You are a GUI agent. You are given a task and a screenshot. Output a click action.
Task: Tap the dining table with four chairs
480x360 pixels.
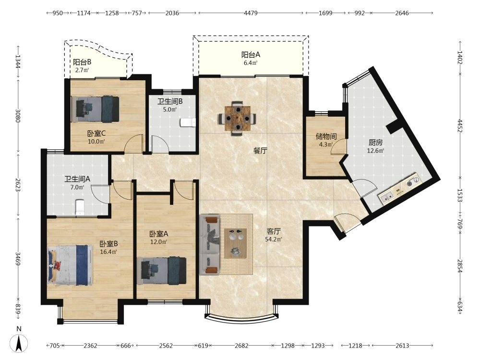pyautogui.click(x=237, y=119)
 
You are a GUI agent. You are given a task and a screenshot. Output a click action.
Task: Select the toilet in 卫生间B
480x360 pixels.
pyautogui.click(x=188, y=122)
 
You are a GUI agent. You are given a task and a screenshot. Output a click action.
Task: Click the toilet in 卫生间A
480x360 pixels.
pyautogui.click(x=80, y=207)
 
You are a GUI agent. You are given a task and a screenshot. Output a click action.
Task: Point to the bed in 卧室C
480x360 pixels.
pyautogui.click(x=95, y=109)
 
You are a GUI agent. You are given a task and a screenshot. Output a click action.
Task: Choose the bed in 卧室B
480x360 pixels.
pyautogui.click(x=70, y=265)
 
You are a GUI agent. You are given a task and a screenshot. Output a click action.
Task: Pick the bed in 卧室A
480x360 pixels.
pyautogui.click(x=164, y=271)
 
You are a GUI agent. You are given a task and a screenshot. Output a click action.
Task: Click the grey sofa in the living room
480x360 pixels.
pyautogui.click(x=209, y=244)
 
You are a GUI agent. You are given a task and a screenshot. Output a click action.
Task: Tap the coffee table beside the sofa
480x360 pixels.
pyautogui.click(x=236, y=243)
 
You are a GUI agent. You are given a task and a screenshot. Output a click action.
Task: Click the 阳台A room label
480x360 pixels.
pyautogui.click(x=251, y=55)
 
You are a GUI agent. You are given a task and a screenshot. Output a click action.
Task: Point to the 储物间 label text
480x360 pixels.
pyautogui.click(x=326, y=136)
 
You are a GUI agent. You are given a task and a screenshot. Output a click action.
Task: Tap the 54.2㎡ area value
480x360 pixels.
pyautogui.click(x=274, y=239)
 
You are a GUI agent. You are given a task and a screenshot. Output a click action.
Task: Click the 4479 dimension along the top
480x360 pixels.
pyautogui.click(x=251, y=13)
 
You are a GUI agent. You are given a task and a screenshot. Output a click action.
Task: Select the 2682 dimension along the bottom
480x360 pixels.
pyautogui.click(x=241, y=346)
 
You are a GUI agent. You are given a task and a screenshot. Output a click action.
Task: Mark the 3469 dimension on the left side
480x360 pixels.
pyautogui.click(x=18, y=259)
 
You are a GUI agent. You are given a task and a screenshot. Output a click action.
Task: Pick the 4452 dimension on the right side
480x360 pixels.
pyautogui.click(x=459, y=125)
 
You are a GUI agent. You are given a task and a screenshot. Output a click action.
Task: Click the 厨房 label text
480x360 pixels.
pyautogui.click(x=375, y=143)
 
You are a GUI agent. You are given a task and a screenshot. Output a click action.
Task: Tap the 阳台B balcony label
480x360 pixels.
pyautogui.click(x=82, y=62)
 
